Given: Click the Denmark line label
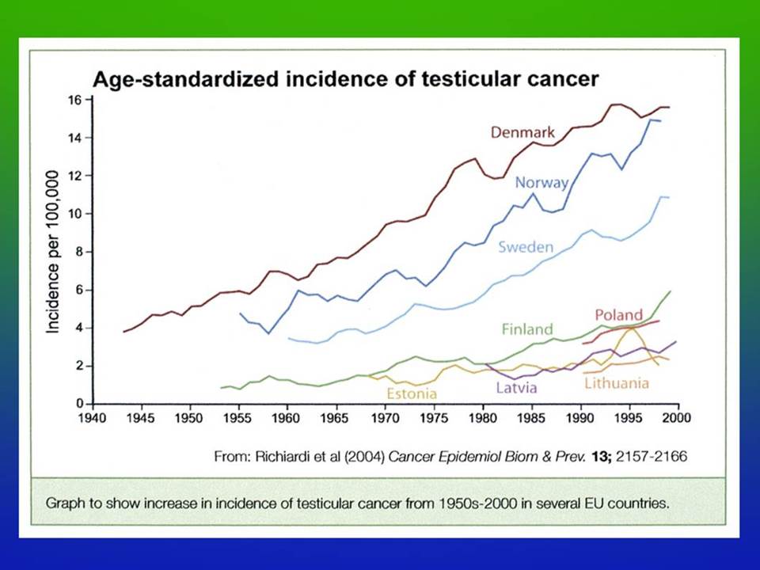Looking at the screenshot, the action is point(522,132).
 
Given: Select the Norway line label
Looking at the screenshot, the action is point(541,183).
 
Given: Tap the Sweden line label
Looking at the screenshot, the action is point(526,247).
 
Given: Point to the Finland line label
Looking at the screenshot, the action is point(527,329).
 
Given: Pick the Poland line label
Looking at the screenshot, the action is point(618,315).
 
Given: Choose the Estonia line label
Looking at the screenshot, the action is point(412,393).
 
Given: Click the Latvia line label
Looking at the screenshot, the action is point(516,388).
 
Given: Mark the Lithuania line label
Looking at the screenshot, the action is point(617,383).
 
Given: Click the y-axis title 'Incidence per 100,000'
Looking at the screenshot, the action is point(52,252).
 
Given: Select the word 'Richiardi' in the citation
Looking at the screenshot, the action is point(282,457).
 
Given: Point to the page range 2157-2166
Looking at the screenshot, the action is point(652,457).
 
